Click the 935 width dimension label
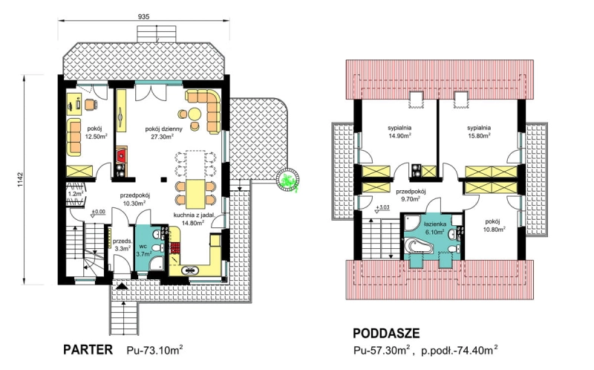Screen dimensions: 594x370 click(x=144, y=16)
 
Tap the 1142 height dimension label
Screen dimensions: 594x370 click(x=20, y=180)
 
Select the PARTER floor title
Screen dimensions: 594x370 click(x=88, y=349)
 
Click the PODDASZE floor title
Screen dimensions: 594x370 click(x=386, y=334)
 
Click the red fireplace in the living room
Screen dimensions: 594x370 click(x=122, y=155)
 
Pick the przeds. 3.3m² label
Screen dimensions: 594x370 click(x=123, y=244)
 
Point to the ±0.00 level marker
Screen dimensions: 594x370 click(x=99, y=213)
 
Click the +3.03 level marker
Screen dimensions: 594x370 click(x=382, y=209)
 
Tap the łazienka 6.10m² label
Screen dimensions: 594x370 click(x=434, y=228)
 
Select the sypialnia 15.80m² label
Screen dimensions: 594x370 click(x=479, y=132)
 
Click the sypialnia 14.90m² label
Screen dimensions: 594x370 click(x=399, y=132)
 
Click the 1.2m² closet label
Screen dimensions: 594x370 click(x=76, y=194)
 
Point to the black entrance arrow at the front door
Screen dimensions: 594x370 click(x=122, y=286)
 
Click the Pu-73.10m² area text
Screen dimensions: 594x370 click(x=154, y=349)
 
